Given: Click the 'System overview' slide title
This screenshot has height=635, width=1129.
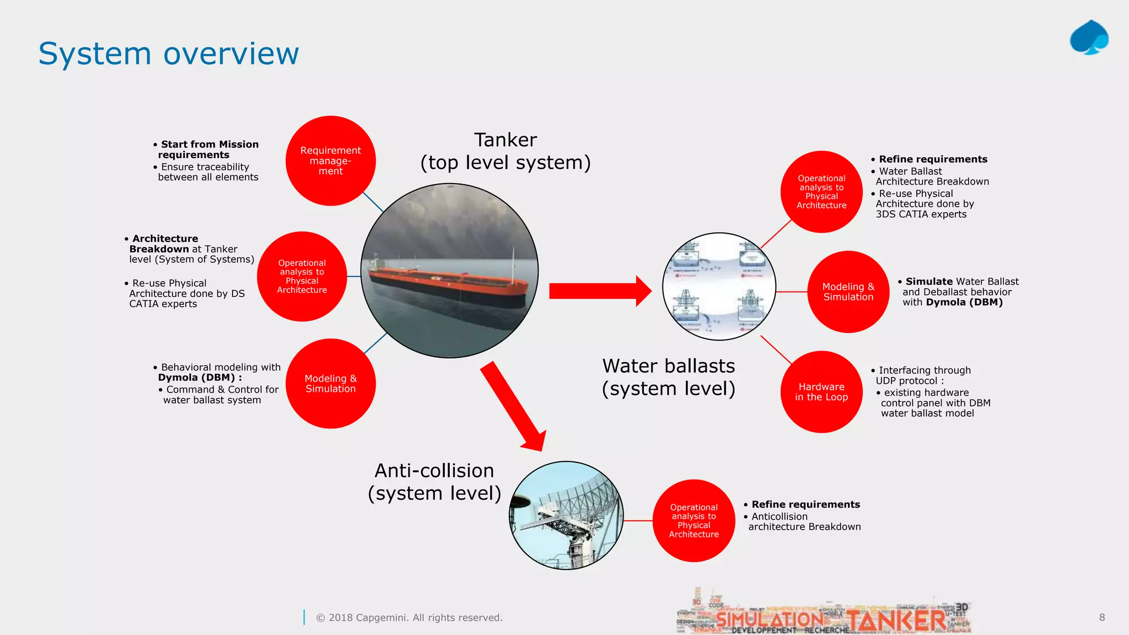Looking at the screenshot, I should click(168, 54).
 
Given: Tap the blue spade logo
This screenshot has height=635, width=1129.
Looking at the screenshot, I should click(1089, 38).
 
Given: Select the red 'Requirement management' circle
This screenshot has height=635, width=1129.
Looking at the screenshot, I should click(330, 160).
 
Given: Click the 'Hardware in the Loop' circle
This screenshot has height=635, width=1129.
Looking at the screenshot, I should click(821, 391).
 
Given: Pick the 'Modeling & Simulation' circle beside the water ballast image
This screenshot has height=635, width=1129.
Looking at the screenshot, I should click(848, 292).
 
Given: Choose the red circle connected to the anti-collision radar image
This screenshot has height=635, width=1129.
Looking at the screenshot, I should click(693, 520).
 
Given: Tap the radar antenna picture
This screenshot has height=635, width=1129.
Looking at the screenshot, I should click(566, 515).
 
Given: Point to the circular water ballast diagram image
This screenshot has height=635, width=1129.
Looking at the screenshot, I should click(719, 287).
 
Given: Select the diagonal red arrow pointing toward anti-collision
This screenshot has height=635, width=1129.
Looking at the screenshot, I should click(513, 406).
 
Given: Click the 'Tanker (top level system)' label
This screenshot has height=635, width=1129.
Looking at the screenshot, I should click(505, 152).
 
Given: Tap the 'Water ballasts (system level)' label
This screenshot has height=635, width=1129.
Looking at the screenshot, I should click(668, 377).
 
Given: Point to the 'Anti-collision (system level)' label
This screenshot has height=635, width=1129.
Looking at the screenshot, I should click(434, 482).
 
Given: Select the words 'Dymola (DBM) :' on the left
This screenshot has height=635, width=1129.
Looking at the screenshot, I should click(200, 378).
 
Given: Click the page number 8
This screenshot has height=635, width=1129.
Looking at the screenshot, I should click(1101, 617).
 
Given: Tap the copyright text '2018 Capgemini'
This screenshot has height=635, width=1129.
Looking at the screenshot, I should click(409, 618).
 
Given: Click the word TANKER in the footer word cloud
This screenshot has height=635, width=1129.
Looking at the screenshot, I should click(896, 620).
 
